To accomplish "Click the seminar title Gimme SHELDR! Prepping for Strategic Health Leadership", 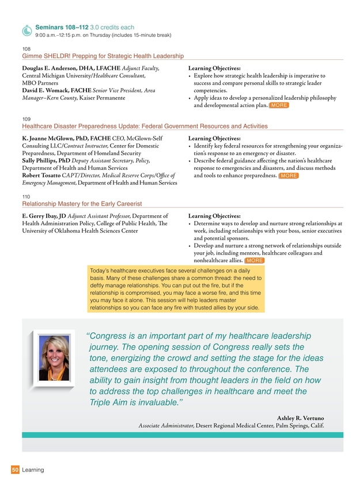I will (x=103, y=56).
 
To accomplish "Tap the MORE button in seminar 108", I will (x=279, y=106).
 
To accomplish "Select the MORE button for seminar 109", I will (x=288, y=176).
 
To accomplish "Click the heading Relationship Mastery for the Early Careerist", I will (x=81, y=204).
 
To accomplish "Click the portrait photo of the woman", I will (x=54, y=359).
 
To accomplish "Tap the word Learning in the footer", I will (x=33, y=470).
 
